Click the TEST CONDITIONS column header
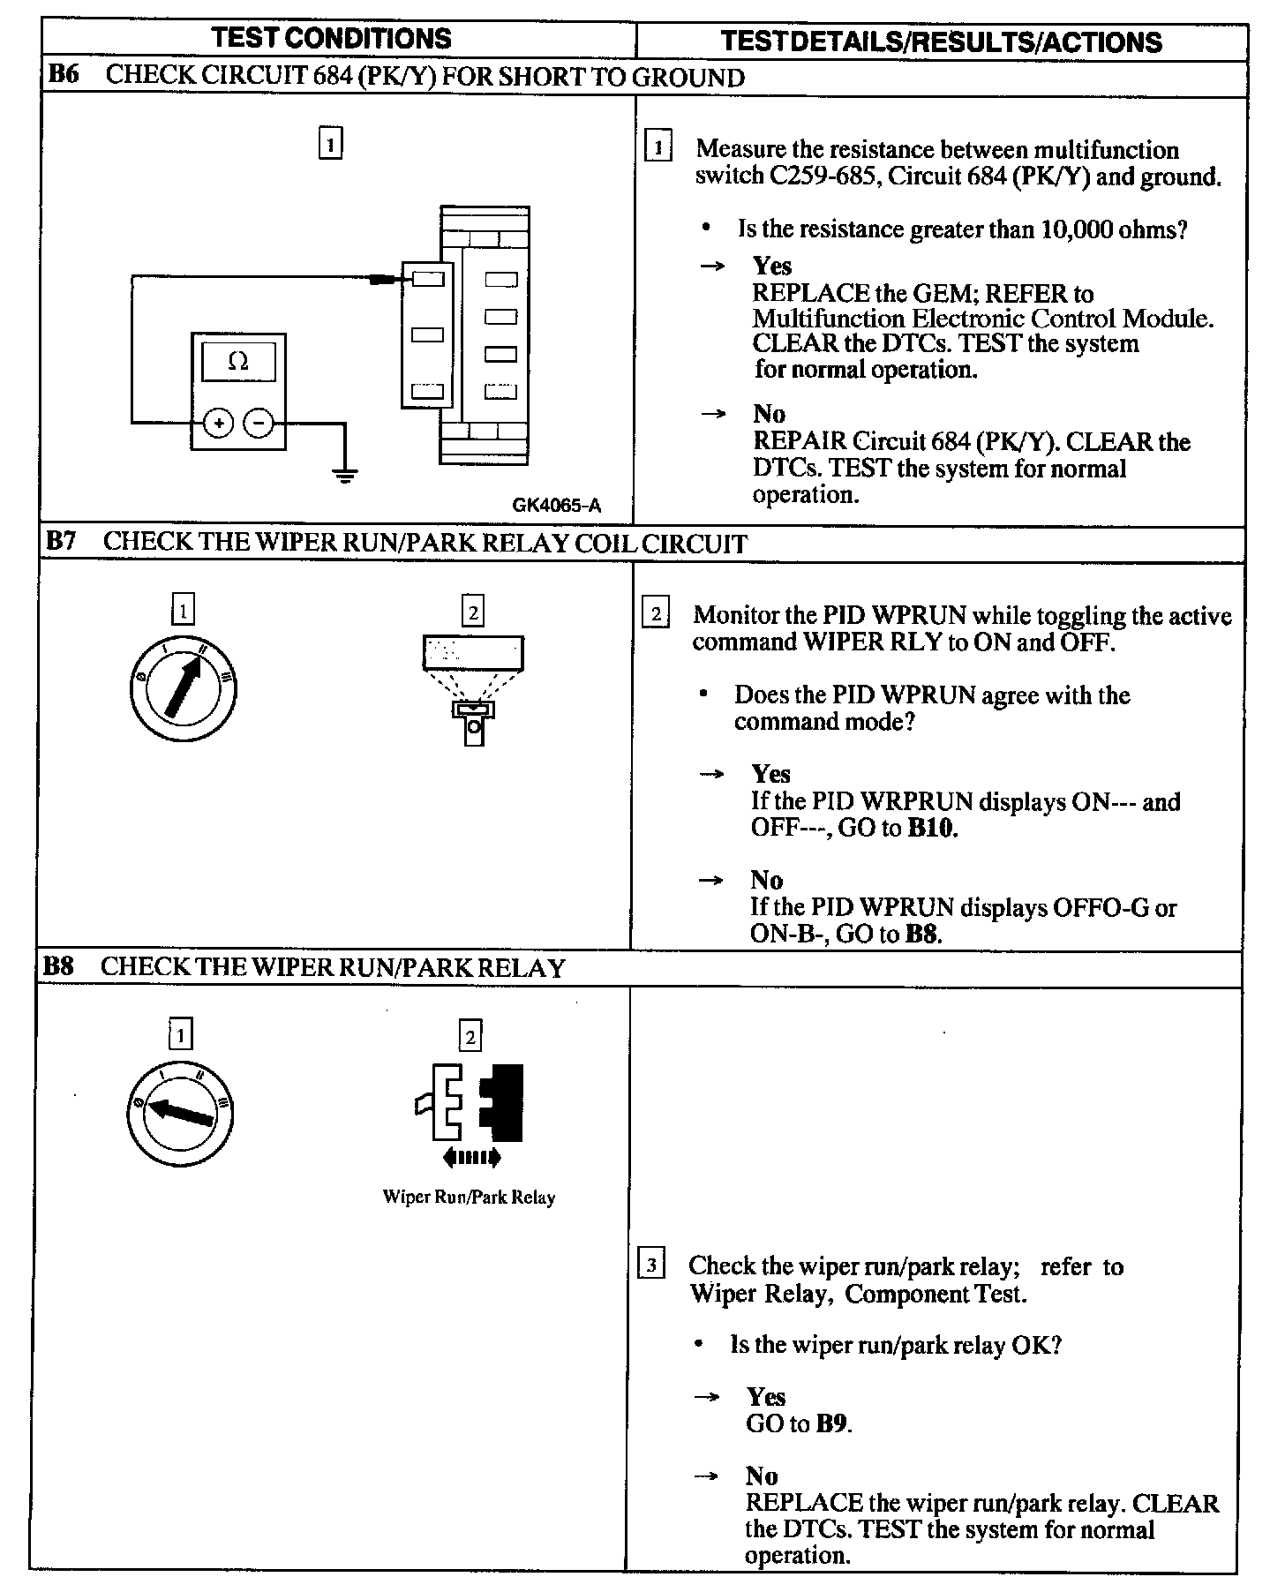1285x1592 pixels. (x=332, y=39)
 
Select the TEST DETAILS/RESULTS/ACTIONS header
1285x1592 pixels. (x=942, y=41)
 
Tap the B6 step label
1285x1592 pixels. (x=63, y=74)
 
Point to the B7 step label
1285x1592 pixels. (x=61, y=541)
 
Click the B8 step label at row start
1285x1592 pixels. (x=58, y=966)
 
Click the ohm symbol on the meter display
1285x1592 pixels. (x=238, y=361)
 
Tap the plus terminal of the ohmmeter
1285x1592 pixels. (x=218, y=424)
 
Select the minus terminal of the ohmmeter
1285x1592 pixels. (x=258, y=424)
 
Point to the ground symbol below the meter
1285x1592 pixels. (x=344, y=476)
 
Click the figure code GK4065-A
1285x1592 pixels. (x=556, y=505)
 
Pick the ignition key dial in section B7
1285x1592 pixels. (x=184, y=687)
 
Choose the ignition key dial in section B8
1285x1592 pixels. (x=180, y=1109)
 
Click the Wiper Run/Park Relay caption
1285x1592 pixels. (x=469, y=1198)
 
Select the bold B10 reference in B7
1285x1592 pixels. (x=932, y=829)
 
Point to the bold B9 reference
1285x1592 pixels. (x=834, y=1423)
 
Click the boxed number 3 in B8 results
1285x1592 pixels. (x=650, y=1265)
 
